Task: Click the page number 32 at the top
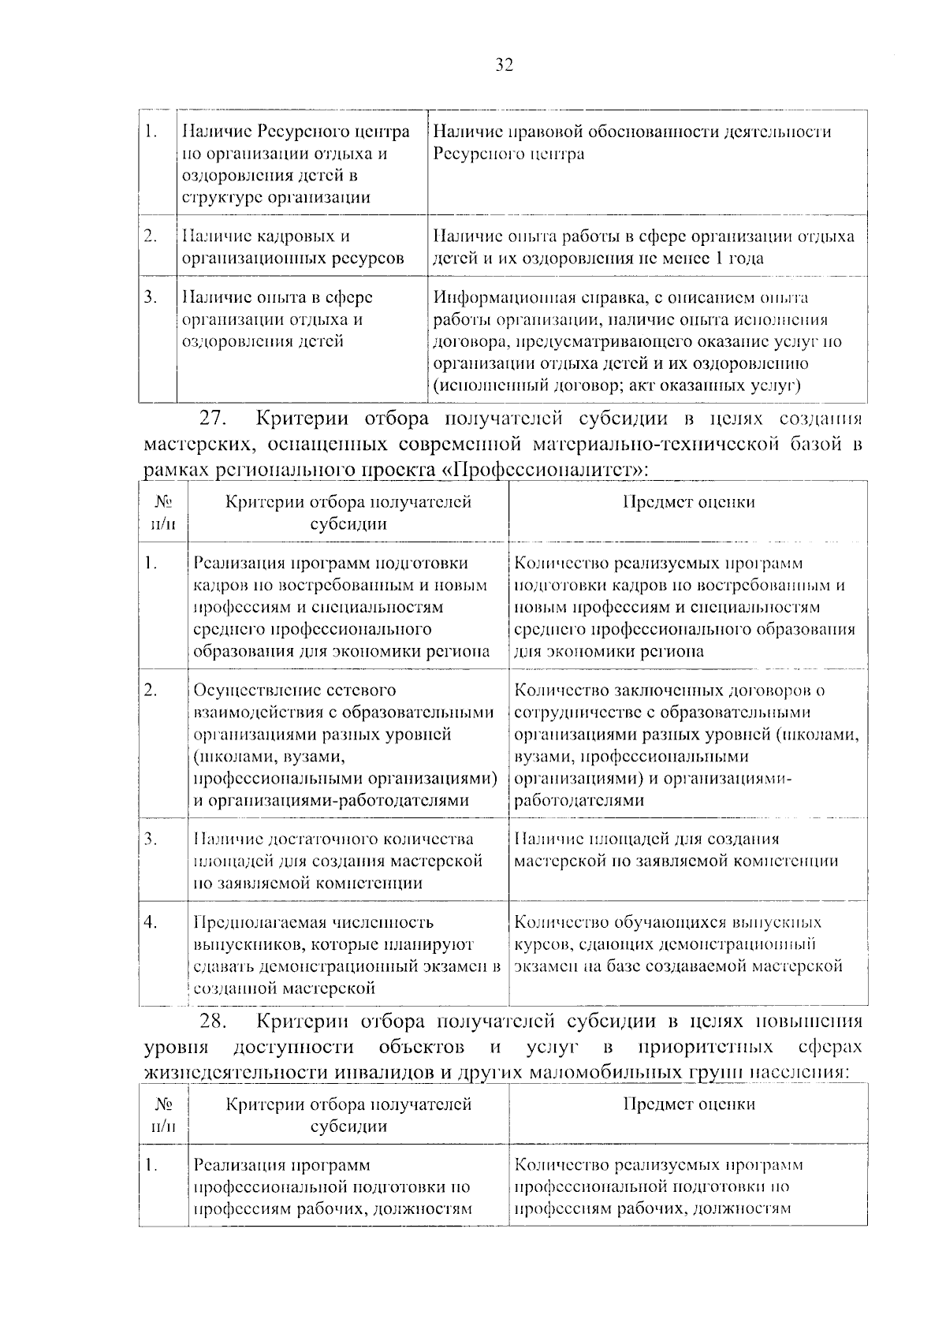[505, 65]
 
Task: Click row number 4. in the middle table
[151, 921]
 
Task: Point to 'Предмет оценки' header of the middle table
[688, 502]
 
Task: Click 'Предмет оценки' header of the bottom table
[688, 1104]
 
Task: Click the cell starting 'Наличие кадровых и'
[292, 247]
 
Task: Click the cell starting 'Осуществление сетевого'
[345, 745]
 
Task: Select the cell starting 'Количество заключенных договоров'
[685, 745]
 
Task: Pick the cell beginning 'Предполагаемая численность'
[347, 955]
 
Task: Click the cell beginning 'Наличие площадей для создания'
[676, 851]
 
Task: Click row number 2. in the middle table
[151, 691]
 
